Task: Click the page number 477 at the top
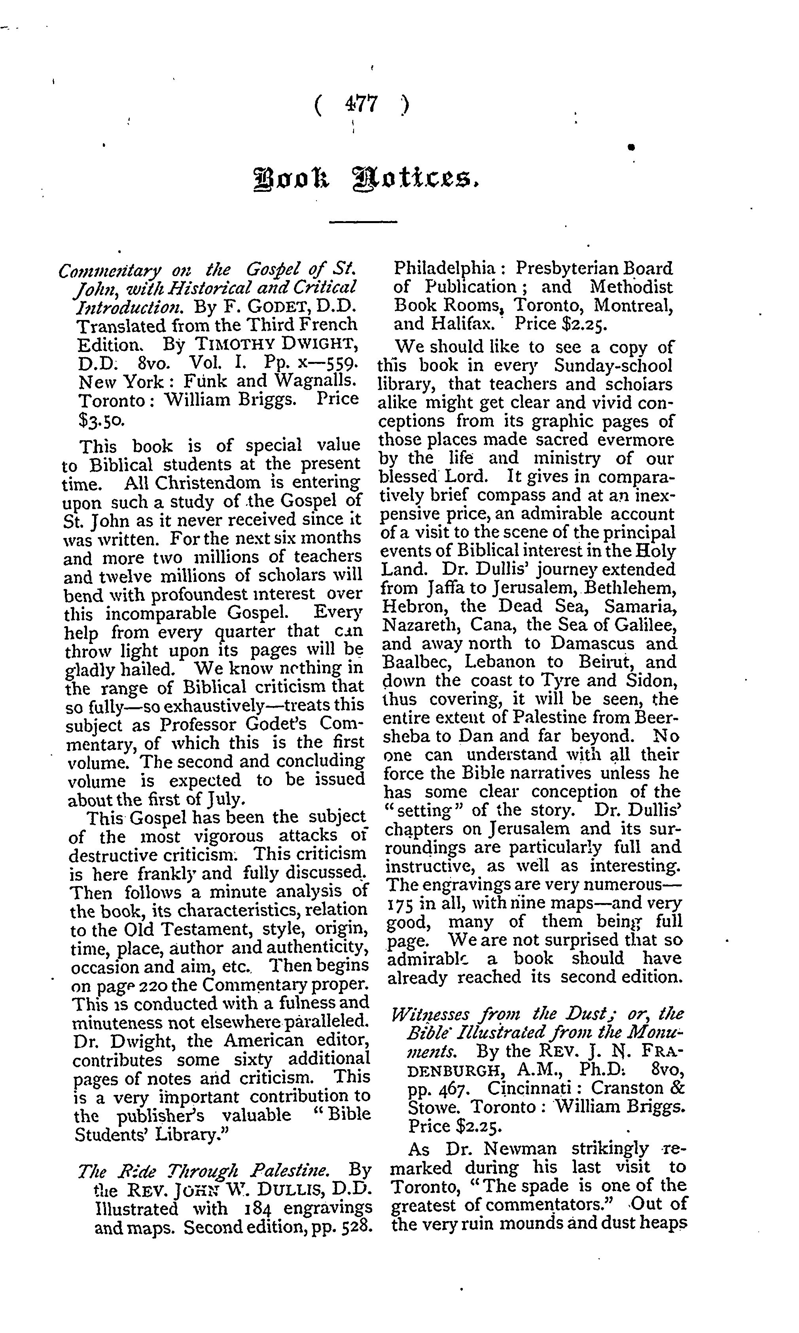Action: (x=362, y=104)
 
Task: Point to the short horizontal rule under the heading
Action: (x=362, y=221)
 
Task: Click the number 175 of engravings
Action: (x=400, y=903)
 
